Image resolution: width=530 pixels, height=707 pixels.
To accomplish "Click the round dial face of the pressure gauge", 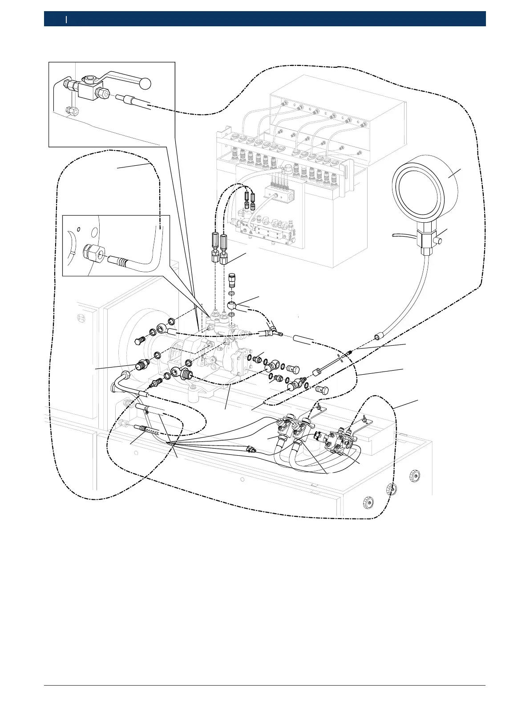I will [x=417, y=188].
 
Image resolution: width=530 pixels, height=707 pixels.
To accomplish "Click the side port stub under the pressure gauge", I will [x=439, y=241].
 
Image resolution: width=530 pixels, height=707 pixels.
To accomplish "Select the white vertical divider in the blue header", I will [x=66, y=19].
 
